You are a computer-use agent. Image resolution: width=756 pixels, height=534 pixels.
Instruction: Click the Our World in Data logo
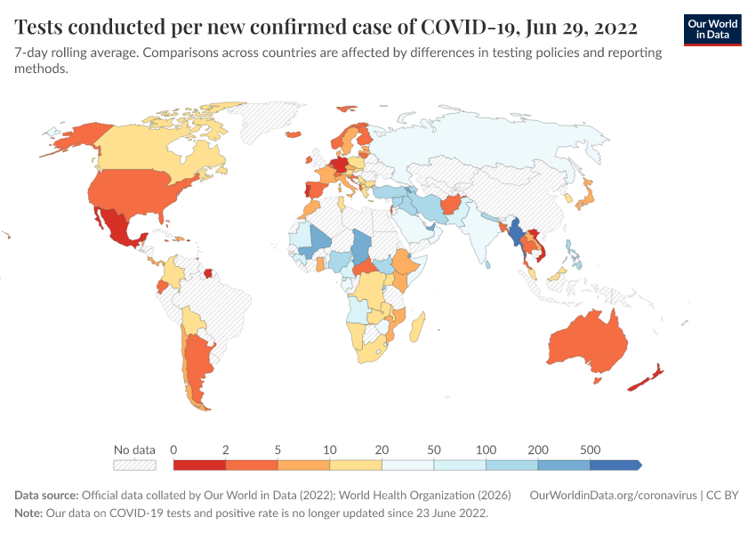(x=712, y=29)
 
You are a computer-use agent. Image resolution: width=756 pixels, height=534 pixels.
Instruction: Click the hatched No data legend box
(x=134, y=465)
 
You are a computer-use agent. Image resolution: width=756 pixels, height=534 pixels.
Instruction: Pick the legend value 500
(x=590, y=449)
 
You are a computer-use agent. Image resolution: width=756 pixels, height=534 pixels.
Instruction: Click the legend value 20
(x=382, y=449)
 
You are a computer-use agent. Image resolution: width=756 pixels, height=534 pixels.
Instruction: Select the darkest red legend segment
(x=199, y=465)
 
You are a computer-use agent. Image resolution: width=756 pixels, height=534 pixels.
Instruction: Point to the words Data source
(x=46, y=495)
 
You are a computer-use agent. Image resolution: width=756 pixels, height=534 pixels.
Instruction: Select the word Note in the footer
(x=29, y=514)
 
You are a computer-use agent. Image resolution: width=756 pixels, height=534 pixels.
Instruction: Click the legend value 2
(x=226, y=449)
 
